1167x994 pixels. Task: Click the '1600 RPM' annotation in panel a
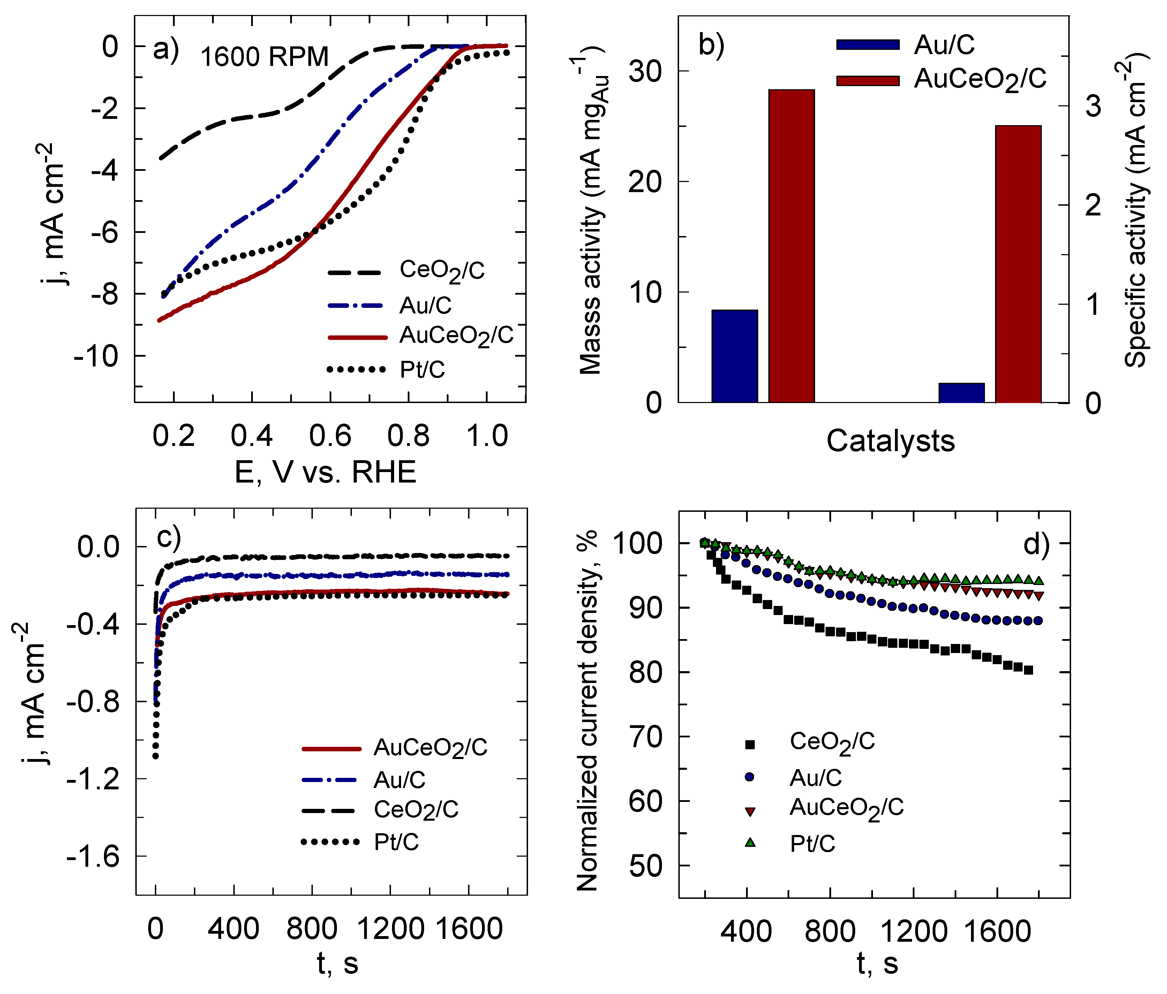click(264, 57)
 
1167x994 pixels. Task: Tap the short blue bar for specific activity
click(962, 393)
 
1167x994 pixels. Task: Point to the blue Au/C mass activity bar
click(735, 356)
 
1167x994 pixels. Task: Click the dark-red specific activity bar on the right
click(1018, 264)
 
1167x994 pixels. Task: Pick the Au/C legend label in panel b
click(944, 45)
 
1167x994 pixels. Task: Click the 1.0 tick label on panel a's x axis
click(488, 437)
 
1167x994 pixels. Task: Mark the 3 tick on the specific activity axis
click(1093, 106)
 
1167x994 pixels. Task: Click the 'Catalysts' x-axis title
click(890, 441)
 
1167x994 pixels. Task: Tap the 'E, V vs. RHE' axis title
click(325, 472)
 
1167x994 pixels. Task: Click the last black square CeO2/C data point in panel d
click(1029, 670)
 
